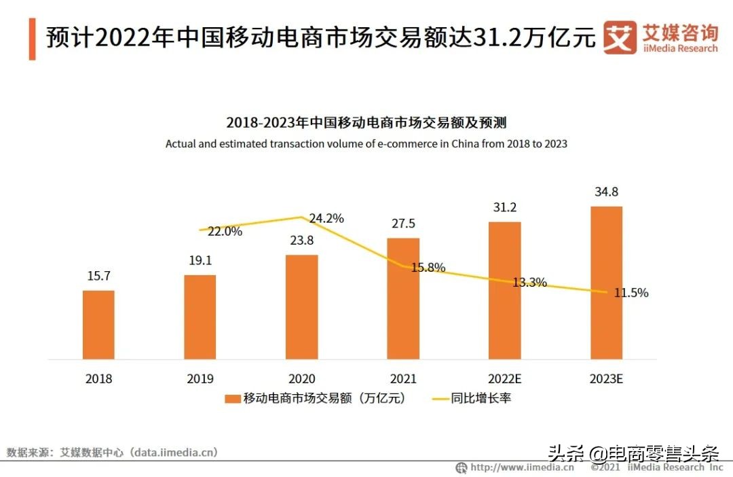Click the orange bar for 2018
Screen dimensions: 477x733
coord(98,325)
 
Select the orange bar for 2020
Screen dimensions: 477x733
coord(301,307)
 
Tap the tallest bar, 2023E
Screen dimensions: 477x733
coord(606,283)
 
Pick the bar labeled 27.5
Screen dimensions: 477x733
coord(403,298)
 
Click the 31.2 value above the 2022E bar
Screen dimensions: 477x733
coord(504,207)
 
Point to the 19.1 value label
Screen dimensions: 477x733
coord(200,261)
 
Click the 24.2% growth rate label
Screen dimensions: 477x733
coord(326,219)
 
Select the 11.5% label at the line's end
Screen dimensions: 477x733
coord(631,293)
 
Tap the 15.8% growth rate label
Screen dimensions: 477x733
coord(428,268)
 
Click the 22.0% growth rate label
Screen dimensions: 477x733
coord(225,231)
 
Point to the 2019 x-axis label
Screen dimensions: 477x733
coord(200,379)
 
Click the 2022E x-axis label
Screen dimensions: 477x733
coord(504,379)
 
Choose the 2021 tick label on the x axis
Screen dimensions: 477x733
coord(403,379)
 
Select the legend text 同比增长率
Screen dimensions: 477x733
coord(481,398)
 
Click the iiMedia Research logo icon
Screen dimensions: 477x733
coord(620,38)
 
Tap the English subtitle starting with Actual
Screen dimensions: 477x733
coord(366,144)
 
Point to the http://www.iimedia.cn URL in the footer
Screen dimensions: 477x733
coord(522,467)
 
